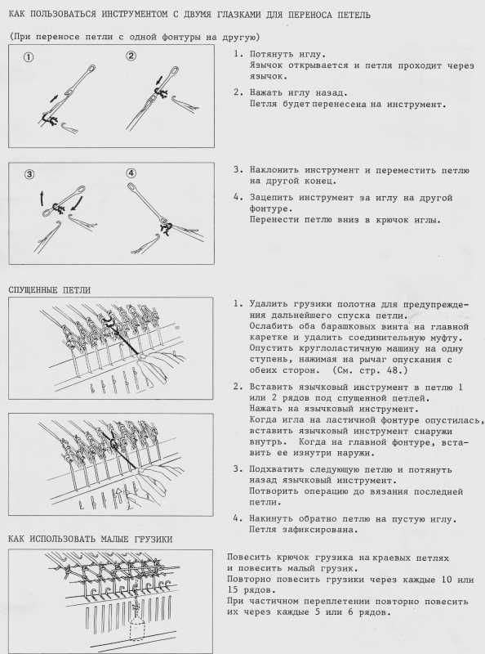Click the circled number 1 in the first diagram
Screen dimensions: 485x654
pos(29,57)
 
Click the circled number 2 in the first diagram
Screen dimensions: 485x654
pos(131,56)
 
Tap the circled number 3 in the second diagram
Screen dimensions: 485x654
pos(29,174)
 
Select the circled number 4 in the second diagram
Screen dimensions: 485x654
pos(131,173)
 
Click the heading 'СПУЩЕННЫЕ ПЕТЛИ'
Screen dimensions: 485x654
pos(50,290)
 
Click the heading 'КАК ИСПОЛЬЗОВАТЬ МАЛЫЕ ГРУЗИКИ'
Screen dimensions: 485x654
pos(90,540)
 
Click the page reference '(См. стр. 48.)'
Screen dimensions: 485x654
pos(370,370)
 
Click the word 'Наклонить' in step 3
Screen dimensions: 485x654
pos(274,170)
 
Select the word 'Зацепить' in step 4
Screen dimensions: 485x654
pos(271,198)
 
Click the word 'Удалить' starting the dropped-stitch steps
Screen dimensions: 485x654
pos(269,303)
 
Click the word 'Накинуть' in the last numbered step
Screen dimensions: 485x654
pos(271,519)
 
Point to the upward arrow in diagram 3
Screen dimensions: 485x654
pos(42,198)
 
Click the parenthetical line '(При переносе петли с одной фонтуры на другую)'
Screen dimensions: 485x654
pos(134,37)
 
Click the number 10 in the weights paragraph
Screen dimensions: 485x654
pos(447,580)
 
